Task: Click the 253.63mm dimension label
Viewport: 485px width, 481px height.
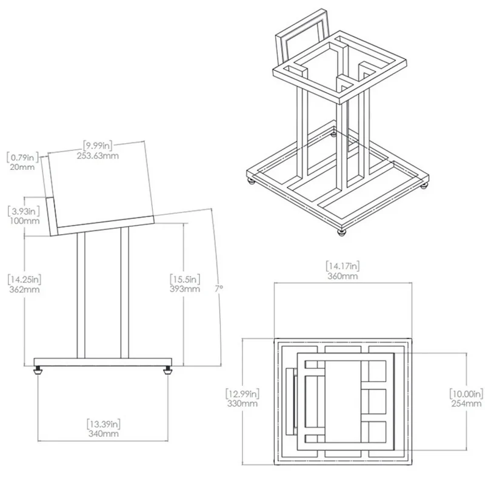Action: click(98, 155)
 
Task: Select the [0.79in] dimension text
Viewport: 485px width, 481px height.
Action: click(22, 157)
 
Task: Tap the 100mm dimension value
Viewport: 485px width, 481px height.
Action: click(24, 221)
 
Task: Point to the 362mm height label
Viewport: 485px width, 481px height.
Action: click(24, 289)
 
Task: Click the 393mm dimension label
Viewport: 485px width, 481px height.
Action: click(185, 289)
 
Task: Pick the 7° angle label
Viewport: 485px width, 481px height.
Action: click(219, 289)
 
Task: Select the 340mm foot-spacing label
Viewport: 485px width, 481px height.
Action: click(103, 433)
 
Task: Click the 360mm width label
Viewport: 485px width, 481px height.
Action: click(343, 276)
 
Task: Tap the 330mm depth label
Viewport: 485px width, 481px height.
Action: click(242, 403)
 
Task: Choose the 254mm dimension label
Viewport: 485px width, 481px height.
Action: click(466, 403)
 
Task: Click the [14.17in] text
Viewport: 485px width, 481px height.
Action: click(343, 266)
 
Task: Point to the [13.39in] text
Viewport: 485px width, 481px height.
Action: click(103, 423)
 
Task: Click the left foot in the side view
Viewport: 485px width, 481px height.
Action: click(38, 370)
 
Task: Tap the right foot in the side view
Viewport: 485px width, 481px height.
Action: click(168, 370)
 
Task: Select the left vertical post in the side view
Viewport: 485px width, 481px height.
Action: click(81, 295)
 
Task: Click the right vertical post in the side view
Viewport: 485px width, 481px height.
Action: click(125, 292)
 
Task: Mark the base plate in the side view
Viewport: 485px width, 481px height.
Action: click(102, 362)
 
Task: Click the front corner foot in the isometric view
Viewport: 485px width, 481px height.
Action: click(341, 233)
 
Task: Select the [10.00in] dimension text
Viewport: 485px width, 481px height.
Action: click(466, 394)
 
